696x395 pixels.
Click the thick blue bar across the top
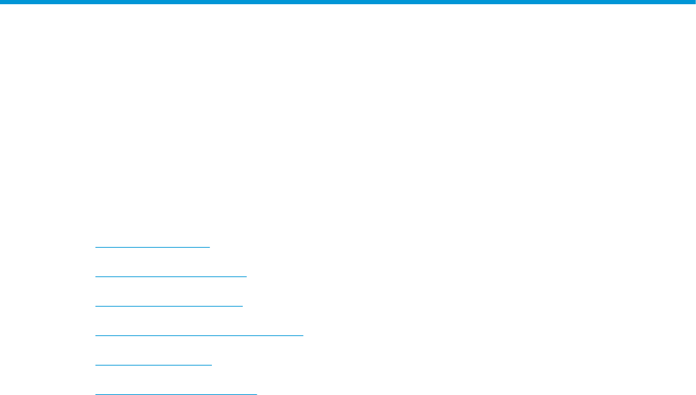point(348,2)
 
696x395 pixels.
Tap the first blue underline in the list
point(152,247)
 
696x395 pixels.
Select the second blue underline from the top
point(170,276)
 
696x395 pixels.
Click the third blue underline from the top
point(168,306)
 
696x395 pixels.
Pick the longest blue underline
point(199,335)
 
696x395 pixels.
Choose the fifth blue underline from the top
point(153,365)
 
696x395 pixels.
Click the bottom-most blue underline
point(176,394)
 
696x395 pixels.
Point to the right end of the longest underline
point(302,335)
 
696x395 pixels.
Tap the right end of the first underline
point(209,247)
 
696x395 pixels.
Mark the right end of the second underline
point(246,276)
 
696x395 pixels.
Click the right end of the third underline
point(242,306)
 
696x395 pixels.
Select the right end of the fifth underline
point(210,365)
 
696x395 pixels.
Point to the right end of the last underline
point(257,394)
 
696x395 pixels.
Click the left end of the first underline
point(95,247)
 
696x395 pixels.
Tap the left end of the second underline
point(95,276)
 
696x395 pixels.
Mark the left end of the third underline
point(95,306)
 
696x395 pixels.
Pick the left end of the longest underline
point(95,335)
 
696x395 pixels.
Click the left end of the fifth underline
point(95,365)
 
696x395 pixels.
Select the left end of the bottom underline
point(95,394)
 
